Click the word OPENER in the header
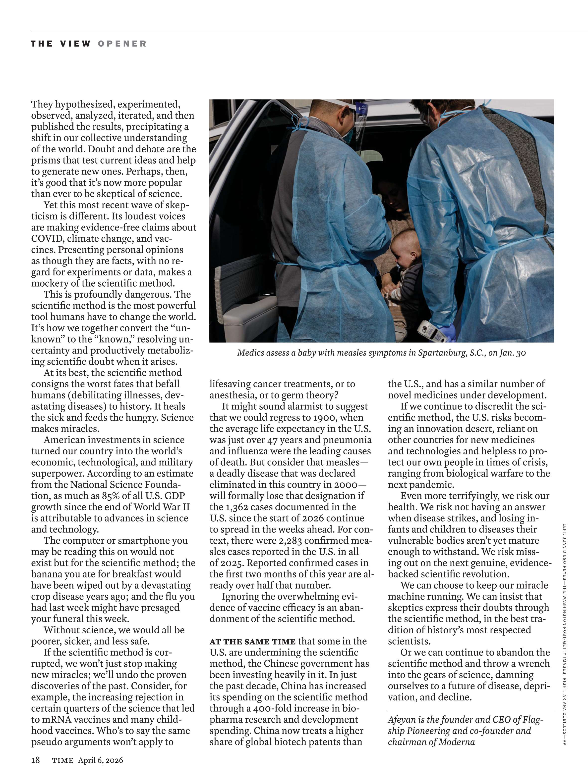122,44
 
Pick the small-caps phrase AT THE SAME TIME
252,641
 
